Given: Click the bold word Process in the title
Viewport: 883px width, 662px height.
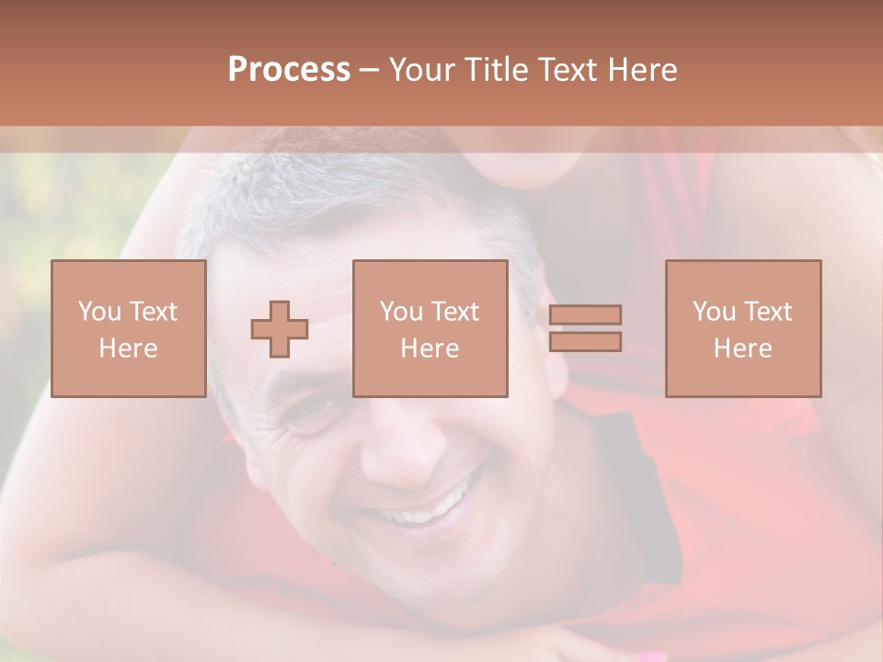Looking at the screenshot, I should click(x=289, y=70).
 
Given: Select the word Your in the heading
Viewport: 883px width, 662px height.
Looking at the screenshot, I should click(x=422, y=70).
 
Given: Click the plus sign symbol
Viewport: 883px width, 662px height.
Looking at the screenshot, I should click(x=280, y=328).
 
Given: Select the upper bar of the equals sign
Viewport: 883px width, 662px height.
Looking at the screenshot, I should click(x=585, y=314).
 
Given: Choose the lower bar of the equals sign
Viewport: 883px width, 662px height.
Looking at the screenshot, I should click(x=585, y=341).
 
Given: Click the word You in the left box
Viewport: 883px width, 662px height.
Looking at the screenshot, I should click(x=98, y=312).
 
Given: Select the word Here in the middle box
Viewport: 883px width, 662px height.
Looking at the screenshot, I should click(x=430, y=348).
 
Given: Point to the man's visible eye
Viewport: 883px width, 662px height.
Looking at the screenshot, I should click(x=313, y=407).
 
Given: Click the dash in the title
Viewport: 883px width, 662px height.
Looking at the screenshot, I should click(x=370, y=70).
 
